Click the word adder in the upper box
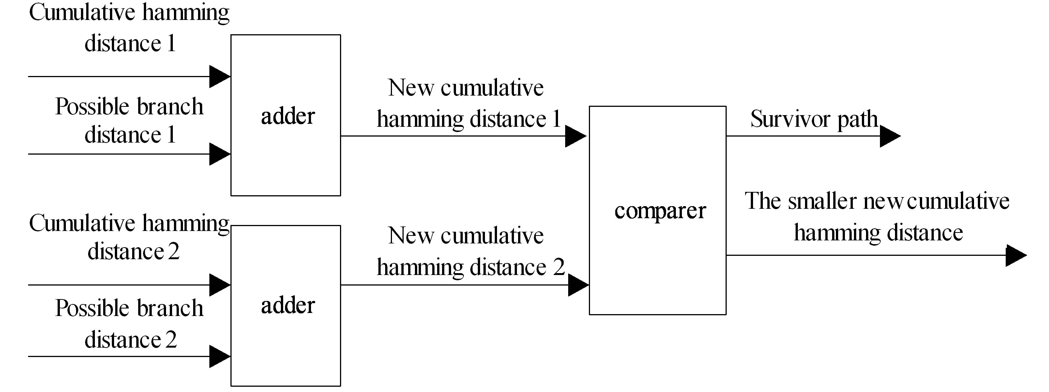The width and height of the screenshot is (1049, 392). coord(288,116)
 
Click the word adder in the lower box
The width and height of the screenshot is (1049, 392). coord(288,305)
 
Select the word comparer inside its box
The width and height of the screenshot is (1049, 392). coord(660,211)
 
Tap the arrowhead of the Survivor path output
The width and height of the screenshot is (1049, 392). coord(889,136)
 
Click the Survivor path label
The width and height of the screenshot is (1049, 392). coord(814,119)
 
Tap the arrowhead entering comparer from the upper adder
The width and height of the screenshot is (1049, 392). coord(575,136)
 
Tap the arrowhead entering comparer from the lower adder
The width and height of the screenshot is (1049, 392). coord(578,285)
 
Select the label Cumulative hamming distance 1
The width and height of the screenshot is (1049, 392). coord(130,28)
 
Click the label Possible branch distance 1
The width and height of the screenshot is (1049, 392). coord(130,120)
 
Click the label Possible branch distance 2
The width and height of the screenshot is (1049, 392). coord(130,324)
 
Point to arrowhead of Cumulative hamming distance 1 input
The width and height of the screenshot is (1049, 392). coord(219,76)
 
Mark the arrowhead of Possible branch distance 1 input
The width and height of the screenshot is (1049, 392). coord(219,154)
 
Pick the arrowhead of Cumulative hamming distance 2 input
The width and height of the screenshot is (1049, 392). coord(219,285)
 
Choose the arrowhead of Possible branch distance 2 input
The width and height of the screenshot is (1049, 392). coord(219,357)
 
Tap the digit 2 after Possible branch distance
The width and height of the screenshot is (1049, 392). coord(171,340)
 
